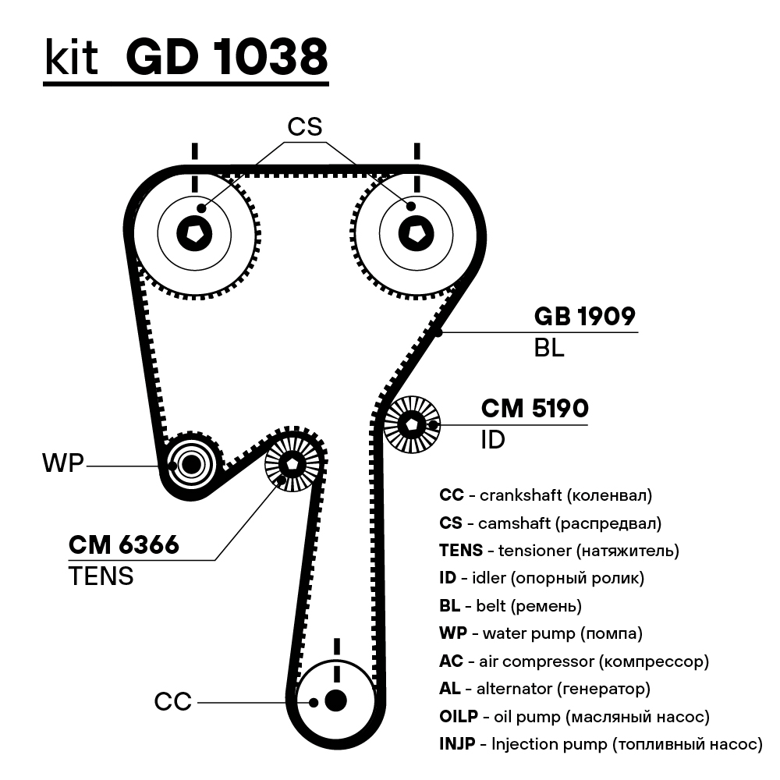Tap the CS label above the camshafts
pos(304,126)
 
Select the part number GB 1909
pos(584,316)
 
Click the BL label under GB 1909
pos(548,348)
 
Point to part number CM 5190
pos(534,408)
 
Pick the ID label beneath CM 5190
pos(492,440)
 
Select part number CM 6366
pos(124,544)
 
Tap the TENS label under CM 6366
pos(101,576)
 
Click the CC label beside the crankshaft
pos(172,702)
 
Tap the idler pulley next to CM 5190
pos(412,424)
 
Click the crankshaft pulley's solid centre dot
pos(335,700)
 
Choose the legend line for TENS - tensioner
pos(558,551)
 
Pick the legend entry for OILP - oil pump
pos(574,716)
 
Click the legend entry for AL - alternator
pos(544,689)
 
